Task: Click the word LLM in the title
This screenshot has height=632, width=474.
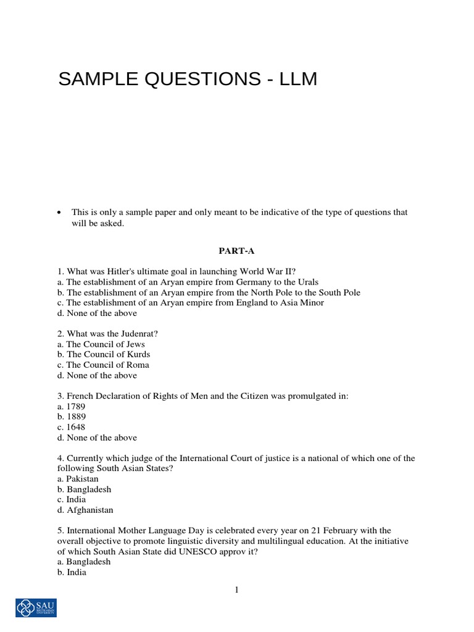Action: coord(297,80)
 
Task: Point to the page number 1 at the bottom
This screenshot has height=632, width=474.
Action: coord(236,590)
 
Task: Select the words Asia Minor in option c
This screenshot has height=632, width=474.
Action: coord(302,302)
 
